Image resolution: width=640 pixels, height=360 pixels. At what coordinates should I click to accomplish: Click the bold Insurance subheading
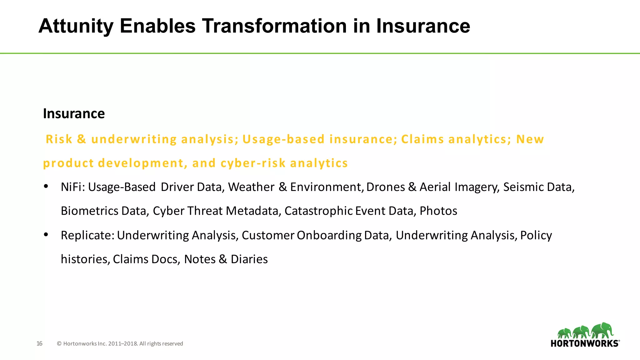coord(74,113)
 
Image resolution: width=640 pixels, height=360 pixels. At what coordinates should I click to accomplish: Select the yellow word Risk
coord(59,139)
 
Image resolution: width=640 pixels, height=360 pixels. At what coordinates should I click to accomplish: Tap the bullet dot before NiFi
coord(46,187)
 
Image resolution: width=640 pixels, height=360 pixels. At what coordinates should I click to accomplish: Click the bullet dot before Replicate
coord(46,234)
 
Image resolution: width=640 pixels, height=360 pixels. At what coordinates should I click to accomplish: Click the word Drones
coord(386,187)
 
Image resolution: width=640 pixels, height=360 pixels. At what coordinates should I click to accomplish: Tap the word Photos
coord(438,211)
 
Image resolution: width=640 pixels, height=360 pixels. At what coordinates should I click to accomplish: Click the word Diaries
coord(249,259)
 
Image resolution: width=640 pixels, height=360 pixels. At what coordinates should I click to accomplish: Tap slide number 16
coord(39,344)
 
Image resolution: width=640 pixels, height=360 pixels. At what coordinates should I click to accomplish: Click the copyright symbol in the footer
coord(59,344)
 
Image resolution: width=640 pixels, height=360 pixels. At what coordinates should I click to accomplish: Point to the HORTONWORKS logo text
coord(584,343)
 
